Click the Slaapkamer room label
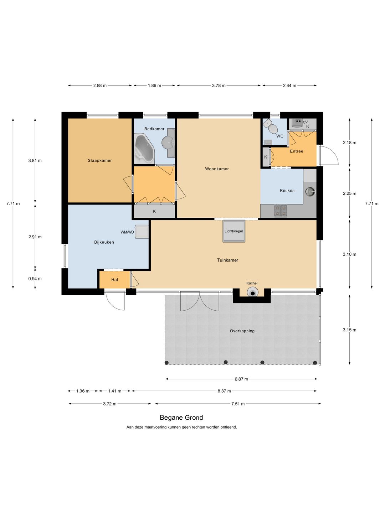tap(100, 161)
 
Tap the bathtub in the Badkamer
tap(144, 148)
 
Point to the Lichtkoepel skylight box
tap(234, 231)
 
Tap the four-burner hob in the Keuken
tap(281, 211)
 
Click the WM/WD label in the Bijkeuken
tap(127, 232)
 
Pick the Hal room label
tap(114, 280)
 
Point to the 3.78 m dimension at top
tap(219, 85)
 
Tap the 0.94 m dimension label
tap(35, 279)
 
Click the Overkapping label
tap(242, 331)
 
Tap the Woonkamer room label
tap(217, 169)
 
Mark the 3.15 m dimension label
tap(349, 330)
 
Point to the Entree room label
tap(297, 151)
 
